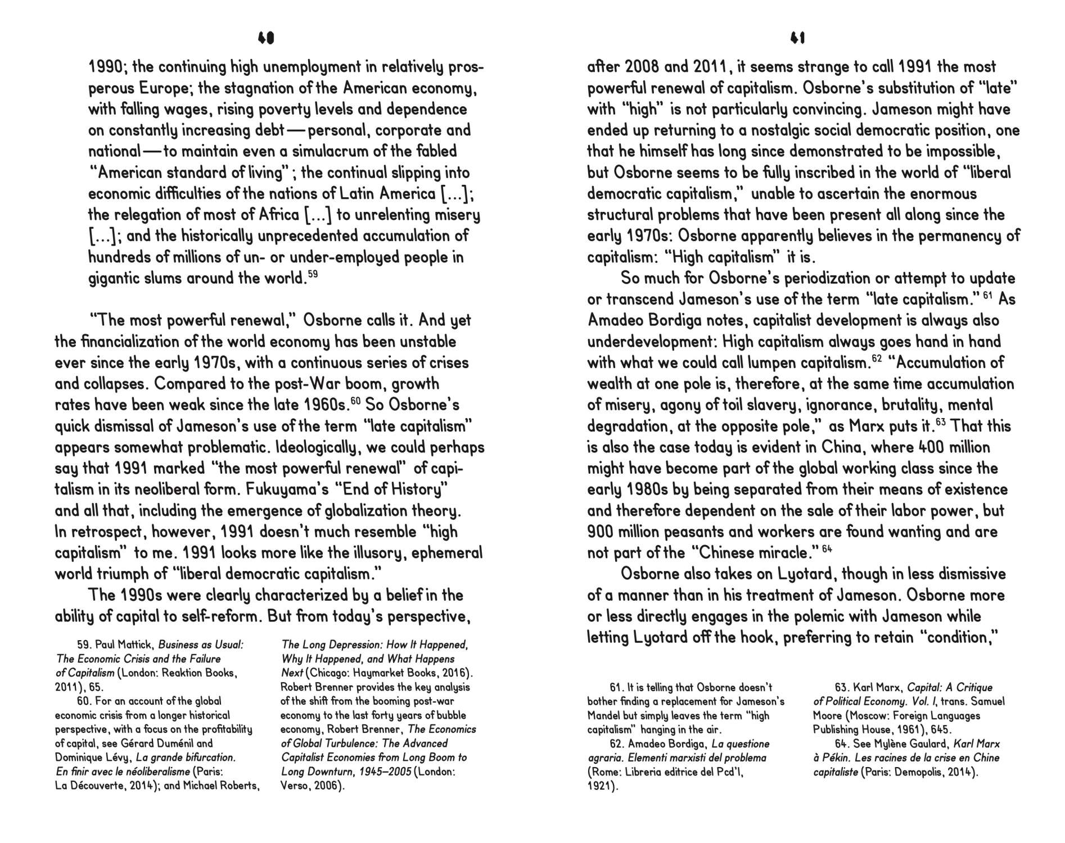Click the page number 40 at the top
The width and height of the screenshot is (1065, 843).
[x=265, y=38]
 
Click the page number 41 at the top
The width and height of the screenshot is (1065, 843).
[x=797, y=38]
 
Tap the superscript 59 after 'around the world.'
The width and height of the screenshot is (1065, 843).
[x=313, y=274]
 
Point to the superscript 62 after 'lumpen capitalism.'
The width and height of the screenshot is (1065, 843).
[x=876, y=358]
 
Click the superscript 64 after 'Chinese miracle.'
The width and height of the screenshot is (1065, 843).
[x=827, y=549]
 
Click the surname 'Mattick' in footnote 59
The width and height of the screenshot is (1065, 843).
[x=135, y=645]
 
